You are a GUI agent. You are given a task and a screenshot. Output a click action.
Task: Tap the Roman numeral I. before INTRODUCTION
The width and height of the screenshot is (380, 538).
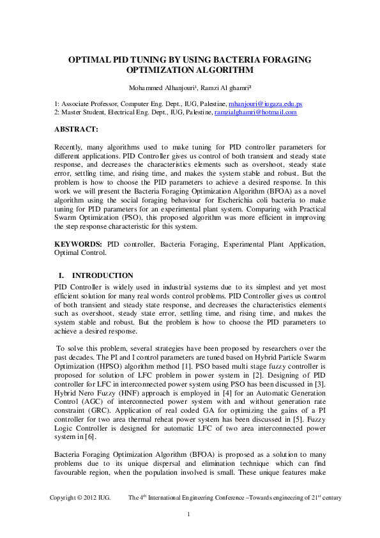pyautogui.click(x=63, y=275)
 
